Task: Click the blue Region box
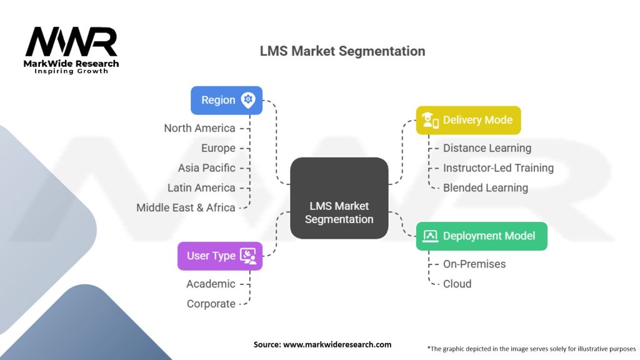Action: click(x=226, y=100)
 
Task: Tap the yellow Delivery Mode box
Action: click(x=468, y=120)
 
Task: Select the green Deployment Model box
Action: click(x=481, y=236)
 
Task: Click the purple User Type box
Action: click(x=219, y=256)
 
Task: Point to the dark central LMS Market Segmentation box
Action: click(x=339, y=198)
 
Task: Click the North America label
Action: click(x=199, y=128)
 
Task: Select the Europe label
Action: click(x=218, y=148)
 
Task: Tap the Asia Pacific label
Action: click(x=206, y=167)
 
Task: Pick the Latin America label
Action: click(x=201, y=187)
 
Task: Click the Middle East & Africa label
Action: click(x=186, y=207)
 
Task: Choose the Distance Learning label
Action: click(x=487, y=148)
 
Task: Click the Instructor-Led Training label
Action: click(x=498, y=167)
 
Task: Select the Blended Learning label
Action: click(x=485, y=187)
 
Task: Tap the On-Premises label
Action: click(x=474, y=264)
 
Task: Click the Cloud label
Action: click(x=457, y=284)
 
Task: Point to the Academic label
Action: click(x=211, y=284)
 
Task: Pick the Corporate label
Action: click(x=211, y=304)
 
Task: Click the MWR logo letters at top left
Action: click(x=71, y=42)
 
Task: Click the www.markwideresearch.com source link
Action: click(x=337, y=344)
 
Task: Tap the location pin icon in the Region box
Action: click(x=248, y=100)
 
